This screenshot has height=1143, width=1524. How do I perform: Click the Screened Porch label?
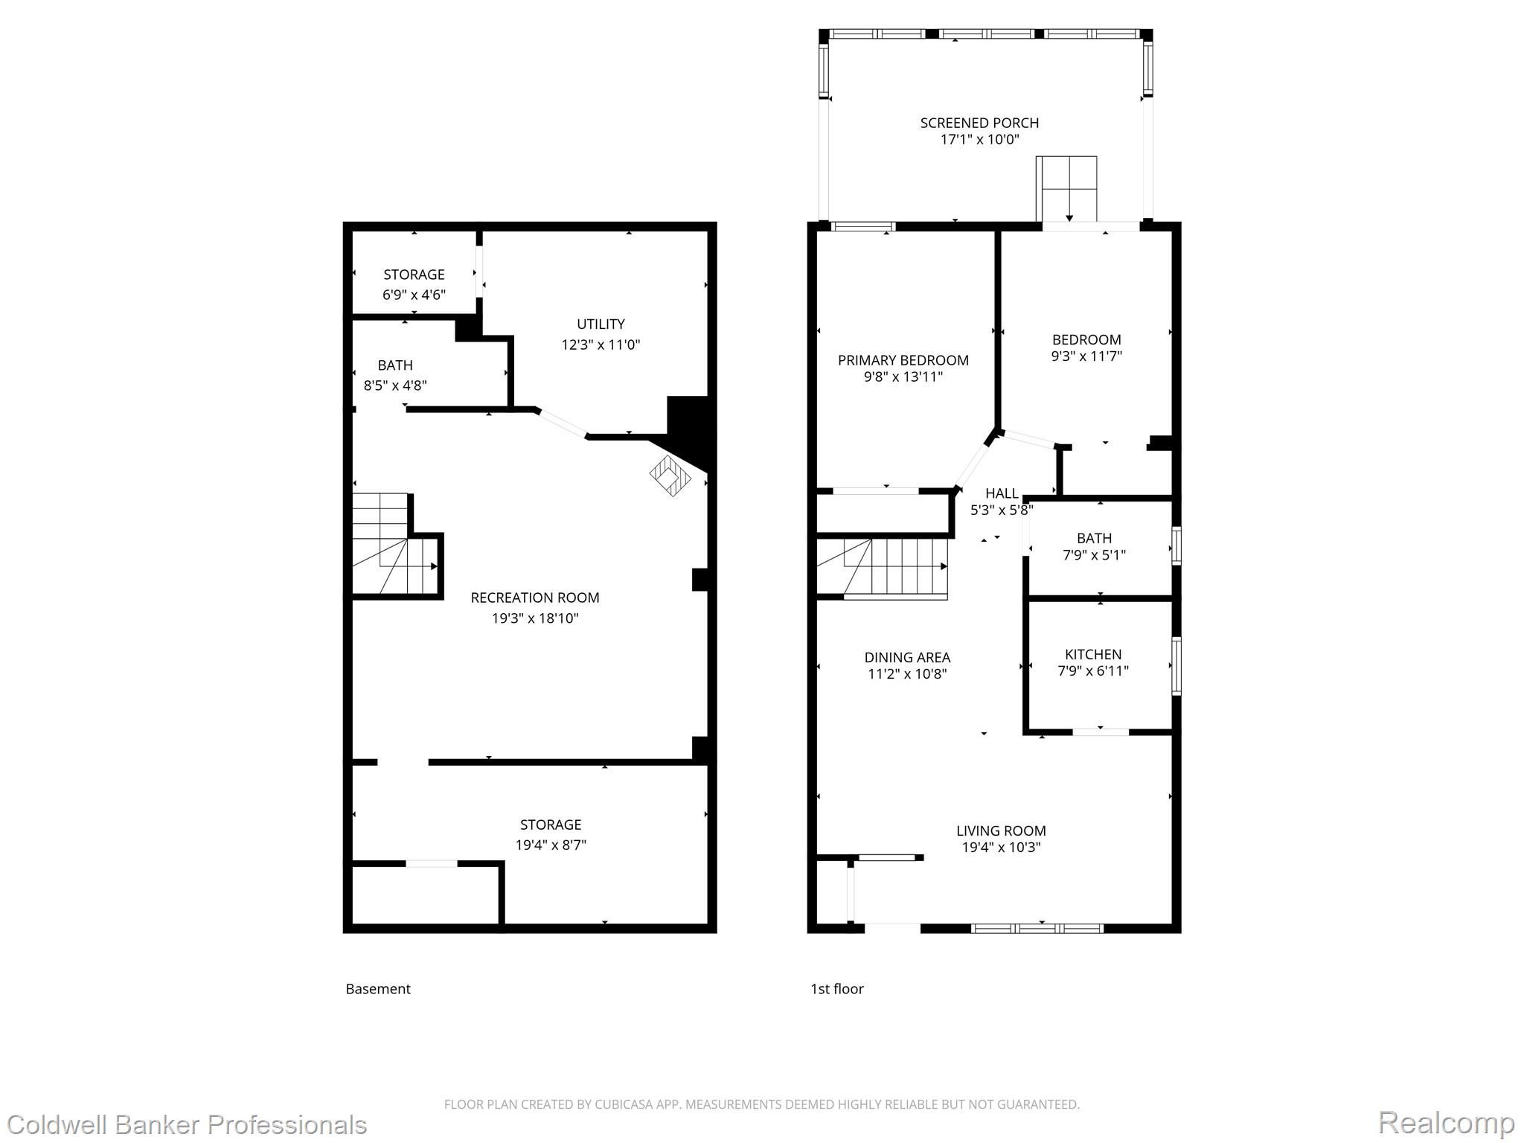pyautogui.click(x=979, y=123)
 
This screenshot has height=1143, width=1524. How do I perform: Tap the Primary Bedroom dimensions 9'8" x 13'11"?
pyautogui.click(x=903, y=377)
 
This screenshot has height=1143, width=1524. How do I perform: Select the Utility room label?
pyautogui.click(x=601, y=324)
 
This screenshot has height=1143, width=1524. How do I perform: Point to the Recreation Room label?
pyautogui.click(x=535, y=598)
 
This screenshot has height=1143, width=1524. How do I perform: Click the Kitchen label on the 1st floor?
pyautogui.click(x=1093, y=654)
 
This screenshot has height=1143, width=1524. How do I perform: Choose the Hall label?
pyautogui.click(x=1002, y=493)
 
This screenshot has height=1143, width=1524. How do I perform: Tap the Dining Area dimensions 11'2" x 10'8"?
pyautogui.click(x=907, y=674)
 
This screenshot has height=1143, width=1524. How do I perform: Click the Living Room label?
pyautogui.click(x=1001, y=830)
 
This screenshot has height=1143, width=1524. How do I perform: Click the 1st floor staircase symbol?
pyautogui.click(x=883, y=569)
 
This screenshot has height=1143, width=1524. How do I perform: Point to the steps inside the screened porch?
pyautogui.click(x=1066, y=189)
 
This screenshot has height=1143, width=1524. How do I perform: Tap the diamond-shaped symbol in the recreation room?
pyautogui.click(x=670, y=476)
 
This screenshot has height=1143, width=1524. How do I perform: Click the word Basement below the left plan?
pyautogui.click(x=378, y=989)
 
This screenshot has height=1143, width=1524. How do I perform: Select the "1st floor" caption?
pyautogui.click(x=837, y=989)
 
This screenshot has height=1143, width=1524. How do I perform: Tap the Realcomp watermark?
pyautogui.click(x=1446, y=1123)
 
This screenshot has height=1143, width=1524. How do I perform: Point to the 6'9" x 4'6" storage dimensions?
pyautogui.click(x=414, y=295)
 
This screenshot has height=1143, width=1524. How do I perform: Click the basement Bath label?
pyautogui.click(x=395, y=365)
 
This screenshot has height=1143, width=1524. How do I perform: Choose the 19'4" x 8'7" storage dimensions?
pyautogui.click(x=551, y=845)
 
